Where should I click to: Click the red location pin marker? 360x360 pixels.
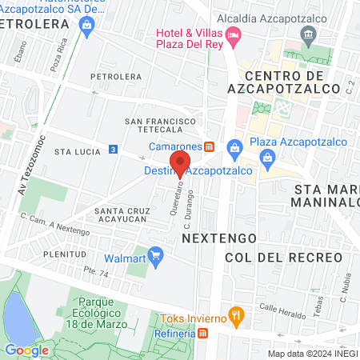(181, 163)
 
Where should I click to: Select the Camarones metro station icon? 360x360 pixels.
(209, 146)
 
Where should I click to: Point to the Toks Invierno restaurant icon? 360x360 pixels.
(235, 315)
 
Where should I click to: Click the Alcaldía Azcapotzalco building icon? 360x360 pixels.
(309, 34)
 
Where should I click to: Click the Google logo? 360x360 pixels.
(26, 349)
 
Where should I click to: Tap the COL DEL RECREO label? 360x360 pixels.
(283, 258)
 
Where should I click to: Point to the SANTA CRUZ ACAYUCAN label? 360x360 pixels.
(121, 216)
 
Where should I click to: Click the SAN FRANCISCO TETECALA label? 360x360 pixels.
(161, 126)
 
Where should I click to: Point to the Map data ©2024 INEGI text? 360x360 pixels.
(311, 353)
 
